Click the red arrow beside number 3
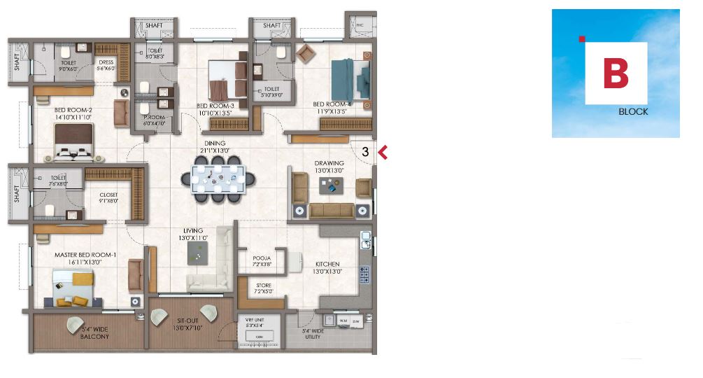point(383,150)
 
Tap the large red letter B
point(616,74)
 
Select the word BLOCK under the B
point(633,111)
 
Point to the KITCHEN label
point(326,265)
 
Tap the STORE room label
point(263,285)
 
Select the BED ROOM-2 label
point(73,110)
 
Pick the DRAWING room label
point(328,163)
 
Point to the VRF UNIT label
point(254,319)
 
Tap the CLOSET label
point(108,195)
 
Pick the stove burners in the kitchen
point(364,274)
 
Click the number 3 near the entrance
point(365,150)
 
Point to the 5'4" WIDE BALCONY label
point(95,332)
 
